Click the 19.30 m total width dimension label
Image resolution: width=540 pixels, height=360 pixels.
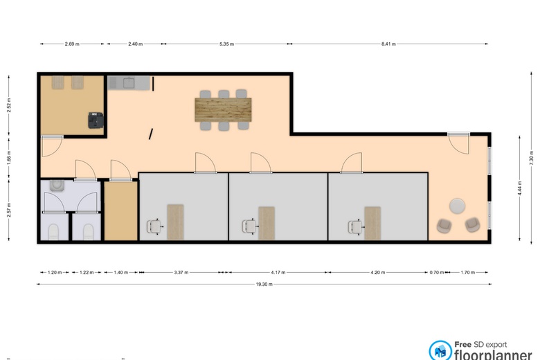coord(264,285)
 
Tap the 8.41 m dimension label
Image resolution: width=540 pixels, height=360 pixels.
coord(388,44)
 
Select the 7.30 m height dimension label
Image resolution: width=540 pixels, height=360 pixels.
coord(532,157)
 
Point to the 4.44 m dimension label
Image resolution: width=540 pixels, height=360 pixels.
coord(520,188)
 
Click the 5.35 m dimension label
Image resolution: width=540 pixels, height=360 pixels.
coord(226,44)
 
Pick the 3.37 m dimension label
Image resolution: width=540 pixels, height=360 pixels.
coord(181,272)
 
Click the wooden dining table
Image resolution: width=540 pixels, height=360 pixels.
coord(223,110)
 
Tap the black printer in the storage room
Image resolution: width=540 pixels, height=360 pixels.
coord(96,120)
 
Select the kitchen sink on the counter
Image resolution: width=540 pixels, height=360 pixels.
coord(129,82)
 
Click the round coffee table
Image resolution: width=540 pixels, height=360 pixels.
coord(458,206)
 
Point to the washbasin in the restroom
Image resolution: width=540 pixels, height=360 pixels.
coord(57,186)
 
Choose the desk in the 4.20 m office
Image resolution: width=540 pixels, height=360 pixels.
coord(372,223)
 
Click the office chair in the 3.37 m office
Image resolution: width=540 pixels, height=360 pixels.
coord(154,226)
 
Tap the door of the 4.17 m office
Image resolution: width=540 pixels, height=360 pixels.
coord(261,163)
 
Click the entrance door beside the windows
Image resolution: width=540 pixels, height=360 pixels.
coord(459,143)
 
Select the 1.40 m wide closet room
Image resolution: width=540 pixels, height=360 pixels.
coord(121,210)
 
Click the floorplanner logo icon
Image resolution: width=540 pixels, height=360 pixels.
coord(440,351)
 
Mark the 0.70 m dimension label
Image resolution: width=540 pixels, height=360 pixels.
coord(437,272)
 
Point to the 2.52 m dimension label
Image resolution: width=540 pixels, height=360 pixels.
coord(9,105)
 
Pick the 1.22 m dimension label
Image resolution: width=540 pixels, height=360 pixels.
coord(87,272)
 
